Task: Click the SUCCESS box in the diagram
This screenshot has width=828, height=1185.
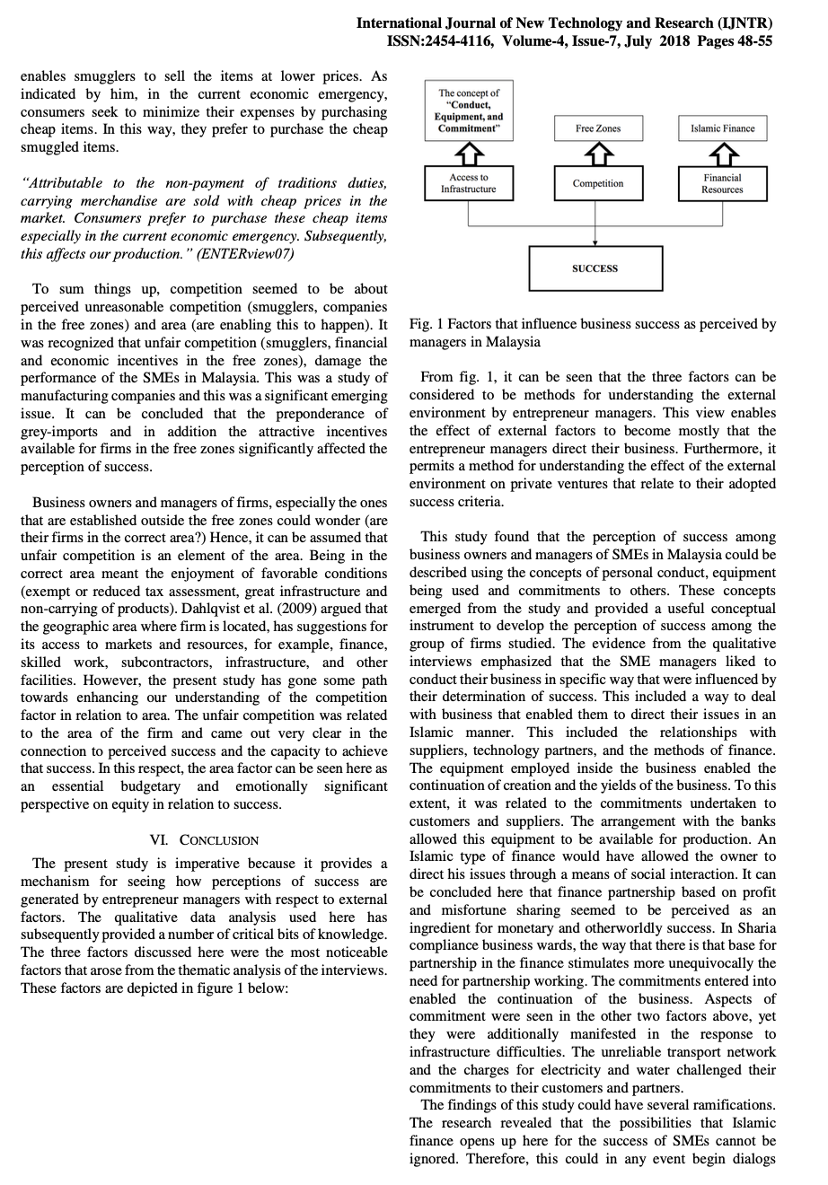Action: click(595, 268)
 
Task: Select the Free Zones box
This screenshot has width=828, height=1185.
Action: click(598, 128)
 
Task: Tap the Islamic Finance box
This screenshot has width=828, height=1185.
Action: click(722, 128)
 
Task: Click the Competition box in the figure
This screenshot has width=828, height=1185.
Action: click(598, 183)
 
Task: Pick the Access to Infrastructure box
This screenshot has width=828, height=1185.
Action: click(468, 183)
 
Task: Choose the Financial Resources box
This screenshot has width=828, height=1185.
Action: click(722, 183)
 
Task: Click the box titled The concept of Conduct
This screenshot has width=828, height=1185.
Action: click(468, 110)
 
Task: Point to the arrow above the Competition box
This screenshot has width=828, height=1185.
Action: click(598, 154)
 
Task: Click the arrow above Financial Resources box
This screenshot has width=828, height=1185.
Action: click(722, 154)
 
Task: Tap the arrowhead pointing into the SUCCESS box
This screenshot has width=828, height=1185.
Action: click(595, 242)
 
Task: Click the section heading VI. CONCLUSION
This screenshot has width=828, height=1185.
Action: click(204, 840)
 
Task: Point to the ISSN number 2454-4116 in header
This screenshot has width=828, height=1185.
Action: click(455, 41)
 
